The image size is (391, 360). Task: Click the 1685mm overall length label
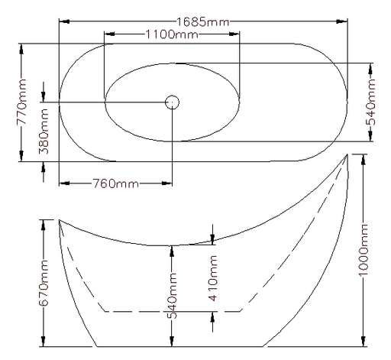[202, 22]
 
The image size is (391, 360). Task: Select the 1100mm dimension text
[171, 34]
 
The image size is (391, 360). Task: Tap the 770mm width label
[21, 102]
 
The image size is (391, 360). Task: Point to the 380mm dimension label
[44, 131]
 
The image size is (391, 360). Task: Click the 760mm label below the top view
[115, 183]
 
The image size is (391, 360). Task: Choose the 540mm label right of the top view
[370, 102]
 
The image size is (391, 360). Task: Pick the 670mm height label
[44, 283]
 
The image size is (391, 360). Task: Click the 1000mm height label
[364, 250]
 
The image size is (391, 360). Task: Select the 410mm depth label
[213, 278]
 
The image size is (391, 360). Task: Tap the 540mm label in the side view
[172, 296]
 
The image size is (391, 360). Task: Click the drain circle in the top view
[172, 102]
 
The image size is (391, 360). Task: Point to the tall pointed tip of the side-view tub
[347, 154]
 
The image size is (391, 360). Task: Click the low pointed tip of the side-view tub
[60, 219]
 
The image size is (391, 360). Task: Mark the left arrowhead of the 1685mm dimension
[64, 21]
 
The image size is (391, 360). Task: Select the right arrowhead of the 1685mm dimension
[342, 21]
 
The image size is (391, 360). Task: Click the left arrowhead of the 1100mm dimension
[109, 34]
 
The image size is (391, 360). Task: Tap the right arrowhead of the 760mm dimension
[167, 183]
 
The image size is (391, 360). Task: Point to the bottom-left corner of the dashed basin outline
[105, 311]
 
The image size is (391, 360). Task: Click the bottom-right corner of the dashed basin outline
[241, 311]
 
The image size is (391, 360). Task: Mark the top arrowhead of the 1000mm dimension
[364, 160]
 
